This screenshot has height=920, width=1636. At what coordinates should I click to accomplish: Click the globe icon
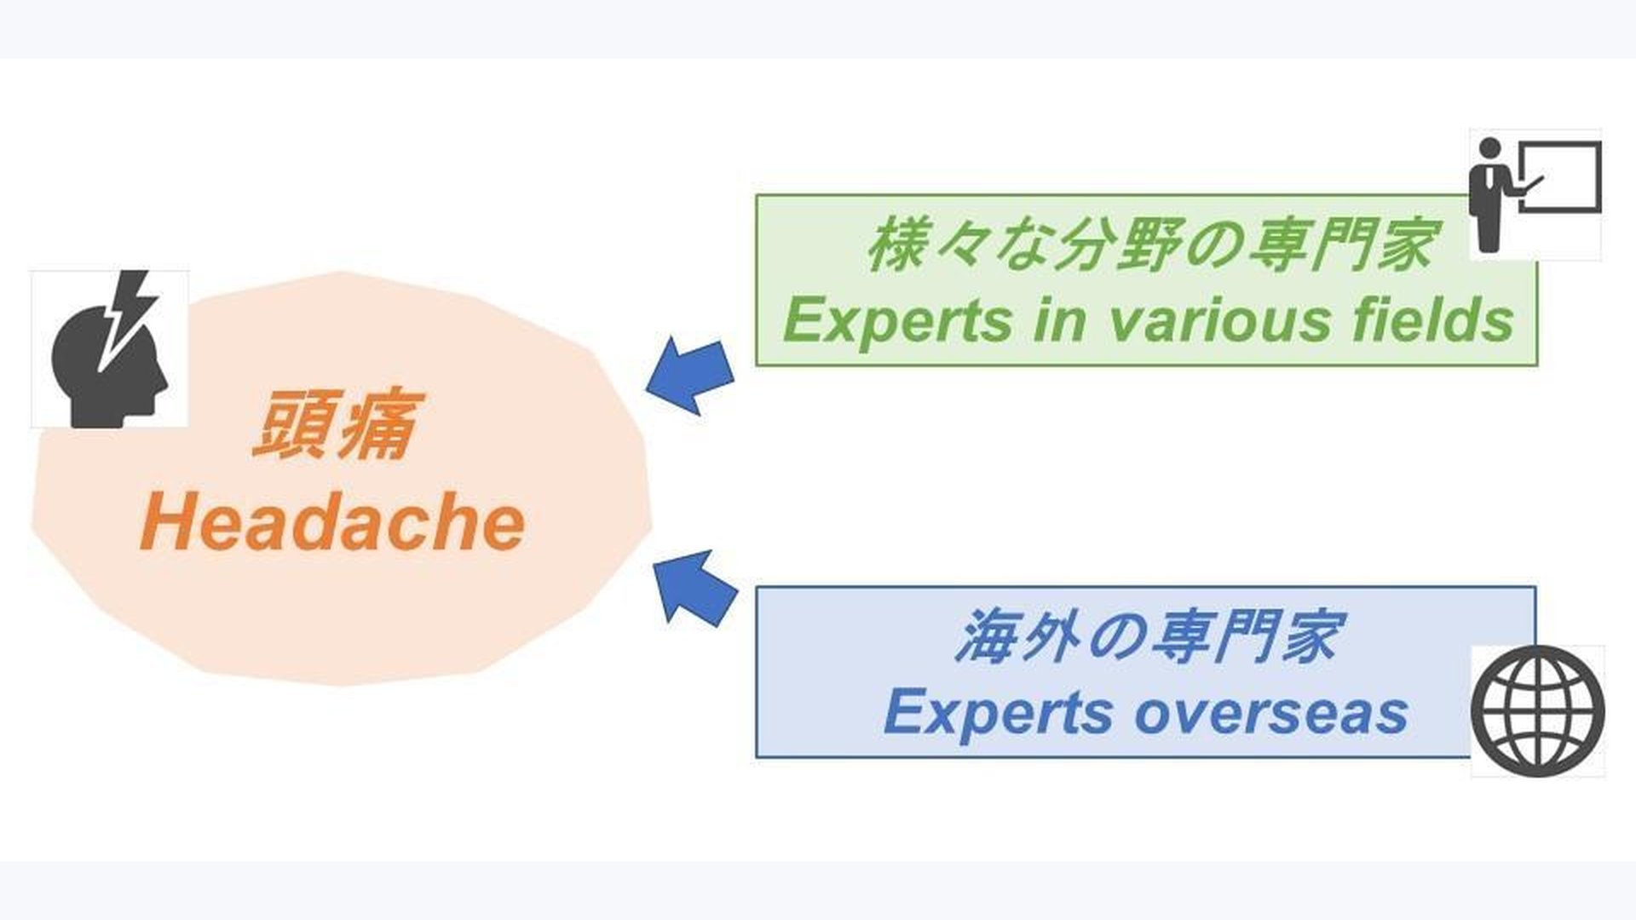click(x=1537, y=710)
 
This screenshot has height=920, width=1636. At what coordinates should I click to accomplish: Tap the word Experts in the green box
click(x=895, y=322)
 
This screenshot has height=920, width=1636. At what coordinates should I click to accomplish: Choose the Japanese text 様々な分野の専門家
click(x=1150, y=245)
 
